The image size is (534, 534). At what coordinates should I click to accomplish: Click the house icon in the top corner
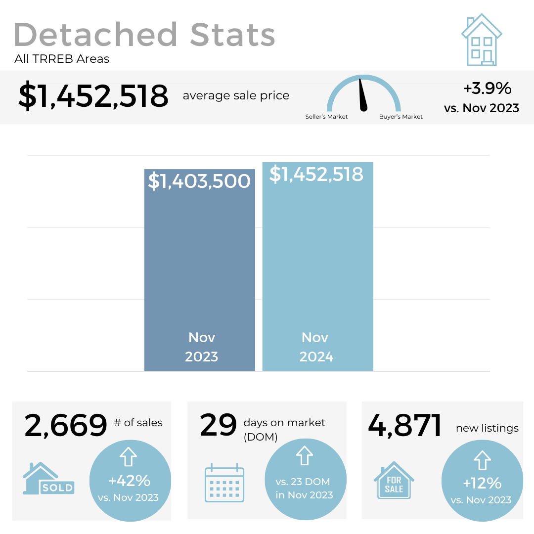click(482, 41)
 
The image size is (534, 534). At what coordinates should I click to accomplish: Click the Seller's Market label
click(326, 117)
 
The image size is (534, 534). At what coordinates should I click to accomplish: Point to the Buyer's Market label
click(401, 117)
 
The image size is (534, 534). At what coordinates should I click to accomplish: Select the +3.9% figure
click(487, 89)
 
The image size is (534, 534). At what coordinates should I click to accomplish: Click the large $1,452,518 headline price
click(93, 96)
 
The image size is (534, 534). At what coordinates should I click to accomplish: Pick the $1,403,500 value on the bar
click(199, 181)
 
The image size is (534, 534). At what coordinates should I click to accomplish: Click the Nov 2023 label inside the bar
click(202, 347)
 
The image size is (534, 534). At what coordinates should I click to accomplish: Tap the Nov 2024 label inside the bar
click(316, 347)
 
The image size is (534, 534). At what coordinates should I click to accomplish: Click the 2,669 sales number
click(66, 426)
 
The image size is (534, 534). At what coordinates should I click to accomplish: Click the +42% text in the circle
click(130, 481)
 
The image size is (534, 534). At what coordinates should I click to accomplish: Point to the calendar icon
click(224, 483)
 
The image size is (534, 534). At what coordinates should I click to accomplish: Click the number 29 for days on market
click(218, 426)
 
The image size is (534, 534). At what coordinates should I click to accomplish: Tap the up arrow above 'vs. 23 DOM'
click(304, 456)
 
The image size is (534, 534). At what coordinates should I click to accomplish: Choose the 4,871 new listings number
click(405, 426)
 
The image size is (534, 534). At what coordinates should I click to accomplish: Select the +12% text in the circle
click(482, 483)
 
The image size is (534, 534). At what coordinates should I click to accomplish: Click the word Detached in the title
click(95, 35)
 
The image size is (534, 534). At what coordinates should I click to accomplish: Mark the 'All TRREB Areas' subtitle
click(62, 59)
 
